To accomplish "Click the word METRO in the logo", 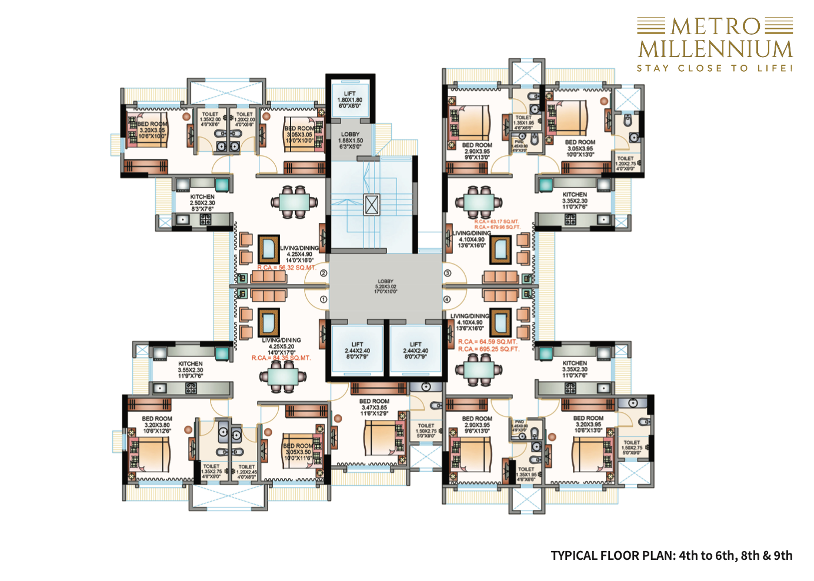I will [716, 26].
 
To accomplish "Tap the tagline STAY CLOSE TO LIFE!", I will [715, 68].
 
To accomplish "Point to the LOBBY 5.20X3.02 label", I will [385, 286].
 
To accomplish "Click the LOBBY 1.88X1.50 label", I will [350, 141].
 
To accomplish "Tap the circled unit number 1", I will [323, 299].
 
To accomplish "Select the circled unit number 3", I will [447, 273].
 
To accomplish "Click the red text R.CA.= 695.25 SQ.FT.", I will [489, 349].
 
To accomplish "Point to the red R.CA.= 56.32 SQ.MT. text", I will [286, 268].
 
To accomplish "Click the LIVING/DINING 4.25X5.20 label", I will [281, 346].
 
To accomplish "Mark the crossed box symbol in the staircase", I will [372, 205].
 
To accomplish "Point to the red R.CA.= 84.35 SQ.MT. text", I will [281, 358].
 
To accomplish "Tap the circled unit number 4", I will [447, 299].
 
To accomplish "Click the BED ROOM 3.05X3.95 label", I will [580, 148].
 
